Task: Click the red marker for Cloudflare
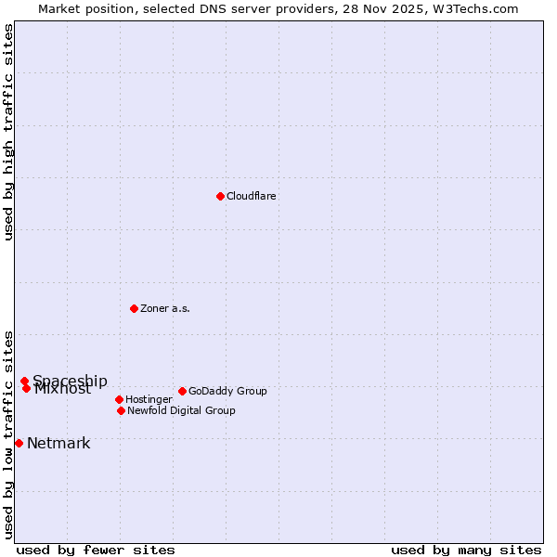pos(220,196)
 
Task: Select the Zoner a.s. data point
pos(134,308)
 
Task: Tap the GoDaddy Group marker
pos(182,391)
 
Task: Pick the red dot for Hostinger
pos(119,399)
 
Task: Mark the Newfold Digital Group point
pos(121,410)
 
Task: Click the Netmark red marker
pos(19,443)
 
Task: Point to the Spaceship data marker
pos(24,381)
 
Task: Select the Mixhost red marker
pos(26,388)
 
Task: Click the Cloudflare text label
pos(251,196)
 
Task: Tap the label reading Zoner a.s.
pos(165,308)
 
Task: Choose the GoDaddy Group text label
pos(227,391)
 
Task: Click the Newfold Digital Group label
pos(181,410)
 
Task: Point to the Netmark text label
pos(58,443)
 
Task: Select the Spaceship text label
pos(70,381)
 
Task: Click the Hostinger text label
pos(149,399)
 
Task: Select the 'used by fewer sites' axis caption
pos(96,550)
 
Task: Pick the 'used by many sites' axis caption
pos(466,550)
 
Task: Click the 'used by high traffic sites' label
pos(8,133)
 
